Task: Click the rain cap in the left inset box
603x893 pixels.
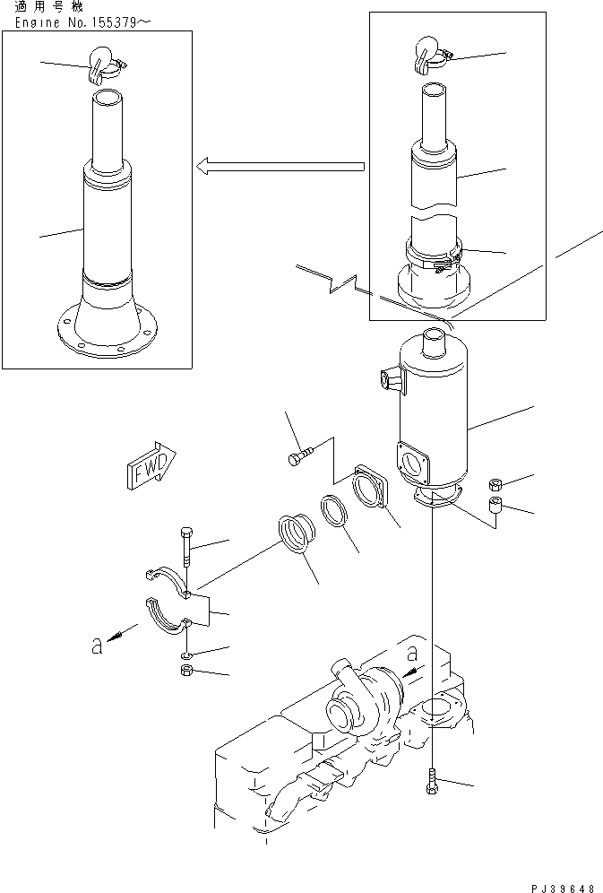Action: coord(102,60)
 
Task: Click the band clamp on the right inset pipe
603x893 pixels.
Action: coord(435,255)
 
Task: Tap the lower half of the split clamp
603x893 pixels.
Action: coord(168,620)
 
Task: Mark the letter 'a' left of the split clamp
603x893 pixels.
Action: coord(97,646)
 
